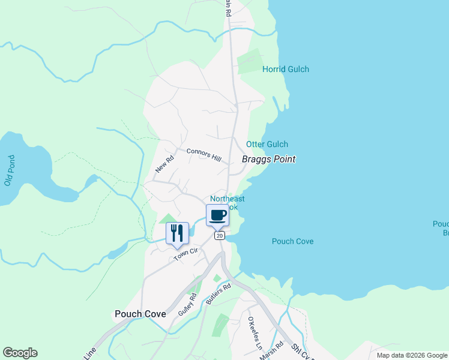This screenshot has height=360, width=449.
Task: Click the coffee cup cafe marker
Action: coord(217,215)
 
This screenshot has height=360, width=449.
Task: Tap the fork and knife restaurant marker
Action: coord(177,233)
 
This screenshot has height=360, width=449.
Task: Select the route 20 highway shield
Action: coord(220,236)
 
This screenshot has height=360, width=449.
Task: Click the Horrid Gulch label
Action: coord(286,69)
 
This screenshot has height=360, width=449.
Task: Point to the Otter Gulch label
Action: coord(267,144)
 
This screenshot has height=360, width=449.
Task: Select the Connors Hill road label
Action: coord(203,154)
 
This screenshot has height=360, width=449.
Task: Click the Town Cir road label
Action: coord(185,254)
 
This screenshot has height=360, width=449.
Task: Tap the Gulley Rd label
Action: coord(187,305)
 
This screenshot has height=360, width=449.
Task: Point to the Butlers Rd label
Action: coord(218,295)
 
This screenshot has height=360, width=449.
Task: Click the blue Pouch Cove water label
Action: coord(292,241)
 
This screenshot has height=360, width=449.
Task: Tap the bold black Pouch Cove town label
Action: coord(140,314)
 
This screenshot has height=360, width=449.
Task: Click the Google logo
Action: coord(20,353)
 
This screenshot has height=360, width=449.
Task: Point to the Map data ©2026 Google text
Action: coord(411,355)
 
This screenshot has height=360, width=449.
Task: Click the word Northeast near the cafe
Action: coord(227,199)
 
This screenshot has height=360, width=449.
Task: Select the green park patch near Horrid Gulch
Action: coord(249,61)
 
